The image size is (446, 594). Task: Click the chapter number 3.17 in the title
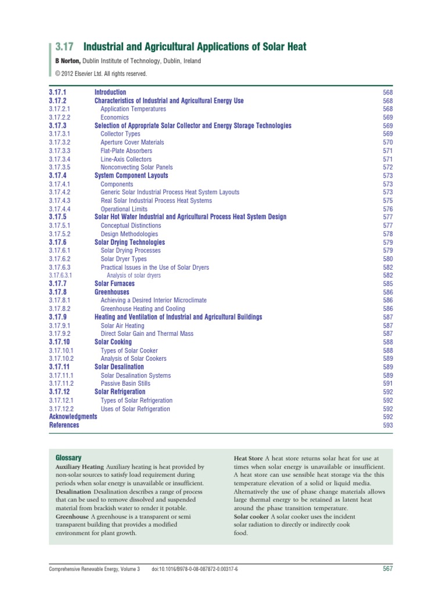coord(66,46)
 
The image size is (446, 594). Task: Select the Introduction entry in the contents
coord(110,92)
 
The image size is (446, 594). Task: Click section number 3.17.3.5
coord(60,167)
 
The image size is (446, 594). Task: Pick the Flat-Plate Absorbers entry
coord(127,151)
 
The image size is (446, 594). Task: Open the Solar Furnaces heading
coord(114,284)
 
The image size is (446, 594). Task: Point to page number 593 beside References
coord(388,425)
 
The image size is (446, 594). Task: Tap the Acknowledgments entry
coord(73,416)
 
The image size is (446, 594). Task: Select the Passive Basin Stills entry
coord(125,383)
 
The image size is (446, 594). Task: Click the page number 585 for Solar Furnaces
coord(388,284)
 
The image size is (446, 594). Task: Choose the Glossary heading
coord(68,458)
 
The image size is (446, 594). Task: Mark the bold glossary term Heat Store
coord(248,458)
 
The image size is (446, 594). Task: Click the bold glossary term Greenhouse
coord(72,516)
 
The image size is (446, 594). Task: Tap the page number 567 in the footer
coord(388,568)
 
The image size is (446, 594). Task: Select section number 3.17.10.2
coord(62,358)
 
